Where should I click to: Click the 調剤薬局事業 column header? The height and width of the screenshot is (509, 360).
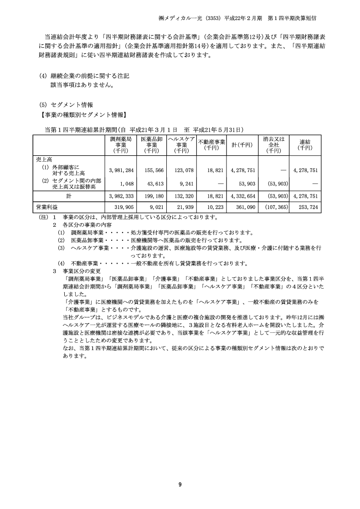121,144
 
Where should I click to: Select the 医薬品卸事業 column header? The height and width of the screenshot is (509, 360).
152,144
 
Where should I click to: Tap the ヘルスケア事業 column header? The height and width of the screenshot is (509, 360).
181,144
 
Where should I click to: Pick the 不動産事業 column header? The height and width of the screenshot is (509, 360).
211,144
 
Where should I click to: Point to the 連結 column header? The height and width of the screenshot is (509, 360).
305,144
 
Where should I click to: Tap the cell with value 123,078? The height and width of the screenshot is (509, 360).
182,170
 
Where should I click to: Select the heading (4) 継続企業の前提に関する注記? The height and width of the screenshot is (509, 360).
87,75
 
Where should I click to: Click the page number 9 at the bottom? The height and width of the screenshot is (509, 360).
180,484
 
